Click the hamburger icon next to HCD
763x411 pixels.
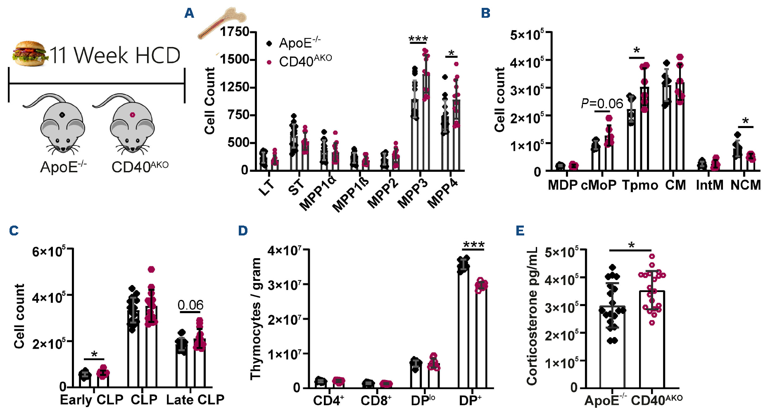click(x=29, y=54)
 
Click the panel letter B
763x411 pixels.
click(x=486, y=13)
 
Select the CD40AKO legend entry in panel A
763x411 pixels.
click(x=305, y=62)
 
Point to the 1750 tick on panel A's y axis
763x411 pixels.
click(x=234, y=32)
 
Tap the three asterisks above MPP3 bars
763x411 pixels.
click(x=418, y=40)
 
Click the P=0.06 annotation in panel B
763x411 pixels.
click(x=602, y=104)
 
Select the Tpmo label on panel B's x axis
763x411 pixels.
click(x=640, y=185)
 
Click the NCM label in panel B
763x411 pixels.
click(x=745, y=185)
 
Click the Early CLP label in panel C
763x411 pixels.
click(x=92, y=400)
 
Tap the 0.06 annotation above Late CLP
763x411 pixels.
click(x=190, y=305)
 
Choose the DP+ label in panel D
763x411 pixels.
click(x=470, y=400)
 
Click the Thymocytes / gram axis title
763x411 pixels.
click(x=256, y=318)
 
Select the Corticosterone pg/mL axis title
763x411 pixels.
click(x=532, y=316)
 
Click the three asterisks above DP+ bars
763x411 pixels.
click(x=473, y=245)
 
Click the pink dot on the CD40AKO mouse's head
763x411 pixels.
click(x=132, y=115)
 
